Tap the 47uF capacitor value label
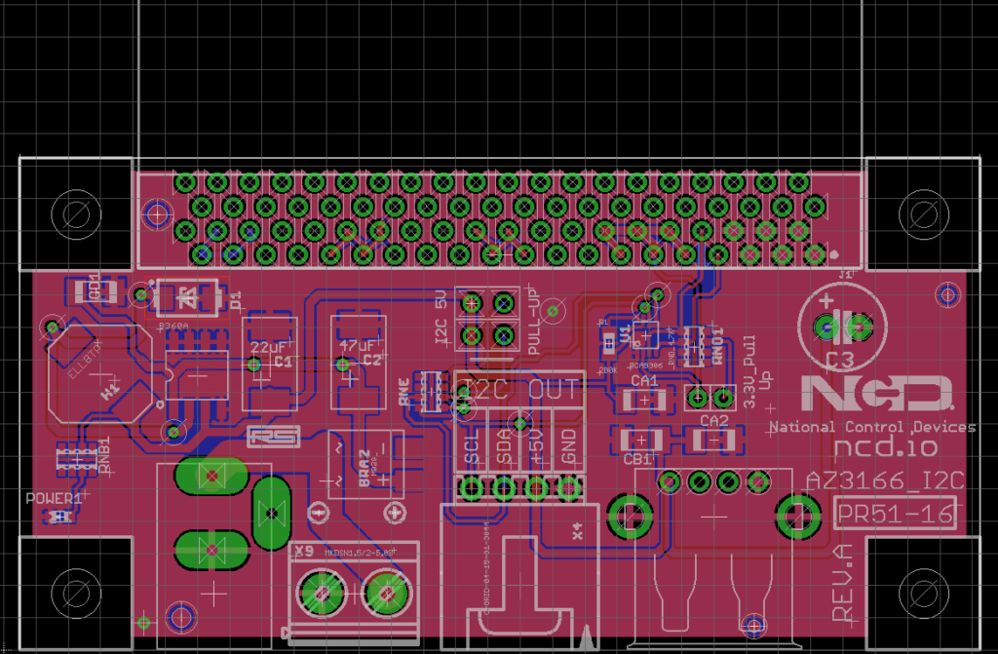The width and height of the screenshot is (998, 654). click(x=355, y=346)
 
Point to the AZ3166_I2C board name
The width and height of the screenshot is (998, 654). click(x=884, y=480)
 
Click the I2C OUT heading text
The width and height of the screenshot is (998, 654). click(x=519, y=388)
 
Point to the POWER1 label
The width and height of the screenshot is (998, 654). click(x=54, y=498)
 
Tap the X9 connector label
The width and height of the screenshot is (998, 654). click(x=303, y=551)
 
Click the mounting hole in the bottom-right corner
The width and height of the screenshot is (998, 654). click(x=921, y=591)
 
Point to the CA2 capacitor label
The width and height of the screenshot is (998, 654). click(x=714, y=421)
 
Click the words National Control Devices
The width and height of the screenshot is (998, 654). click(x=871, y=427)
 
